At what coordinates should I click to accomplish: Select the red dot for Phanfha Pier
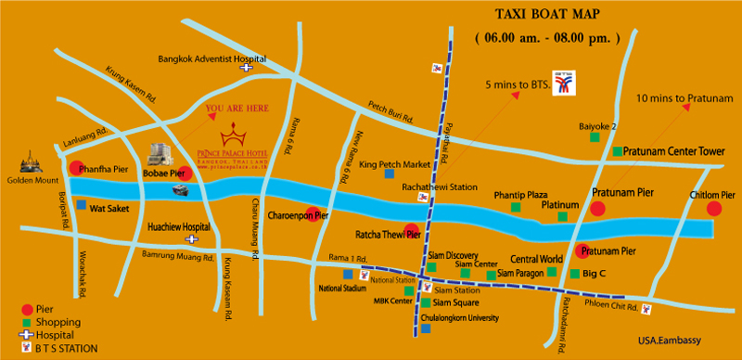(x=74, y=168)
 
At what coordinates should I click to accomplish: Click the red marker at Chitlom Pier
(x=713, y=209)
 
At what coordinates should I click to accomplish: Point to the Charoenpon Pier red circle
(x=315, y=213)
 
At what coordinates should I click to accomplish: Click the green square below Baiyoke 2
(x=594, y=137)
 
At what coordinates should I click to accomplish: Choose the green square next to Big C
(x=573, y=273)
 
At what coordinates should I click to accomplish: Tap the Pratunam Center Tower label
(x=672, y=150)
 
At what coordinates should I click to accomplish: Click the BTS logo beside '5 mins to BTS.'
(x=562, y=84)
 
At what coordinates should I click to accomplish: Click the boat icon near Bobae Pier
(x=182, y=189)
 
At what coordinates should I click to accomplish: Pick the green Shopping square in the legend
(x=28, y=322)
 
